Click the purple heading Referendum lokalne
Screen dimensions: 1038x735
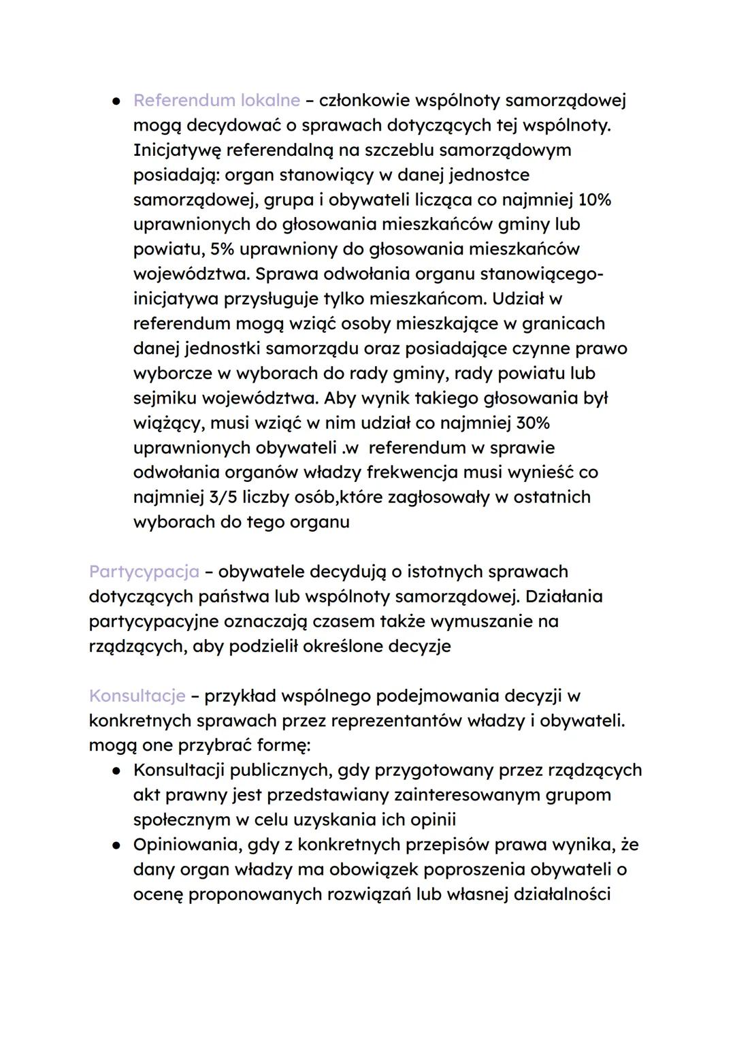[x=216, y=101]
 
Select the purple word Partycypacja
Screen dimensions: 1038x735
[x=144, y=572]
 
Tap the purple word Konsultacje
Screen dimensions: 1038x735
[x=137, y=696]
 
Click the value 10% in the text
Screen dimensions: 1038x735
[x=593, y=200]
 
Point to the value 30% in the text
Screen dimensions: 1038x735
[x=532, y=423]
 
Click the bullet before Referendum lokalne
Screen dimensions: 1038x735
[x=117, y=101]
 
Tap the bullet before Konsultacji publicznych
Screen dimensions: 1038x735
[x=117, y=771]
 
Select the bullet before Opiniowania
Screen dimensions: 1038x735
[x=117, y=845]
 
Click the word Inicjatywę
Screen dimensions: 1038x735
[x=177, y=150]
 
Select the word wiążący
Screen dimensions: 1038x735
[x=167, y=423]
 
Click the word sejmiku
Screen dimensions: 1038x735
[x=165, y=398]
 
